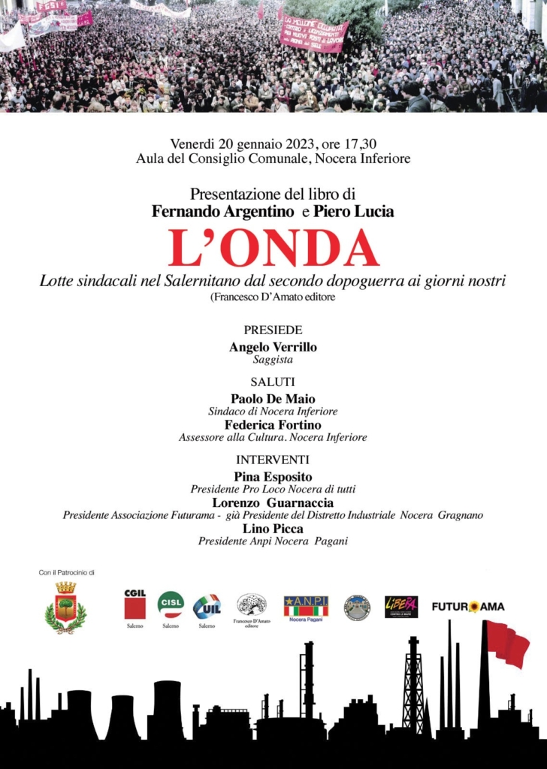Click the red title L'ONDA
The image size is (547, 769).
pos(273,249)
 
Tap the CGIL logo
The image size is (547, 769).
pos(135,605)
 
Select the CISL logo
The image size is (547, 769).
pos(171,604)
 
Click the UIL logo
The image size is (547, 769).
pos(206,606)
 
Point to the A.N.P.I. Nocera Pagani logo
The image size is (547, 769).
pos(306,608)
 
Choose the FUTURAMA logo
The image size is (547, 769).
pos(467,606)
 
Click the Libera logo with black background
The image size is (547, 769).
pos(401,606)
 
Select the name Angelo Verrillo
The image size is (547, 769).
pos(273,347)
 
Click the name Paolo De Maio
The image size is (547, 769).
pos(273,399)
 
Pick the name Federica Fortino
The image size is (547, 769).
pos(273,424)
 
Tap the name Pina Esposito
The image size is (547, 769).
pos(273,477)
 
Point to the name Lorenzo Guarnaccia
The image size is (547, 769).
pos(273,502)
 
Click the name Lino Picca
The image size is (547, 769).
pos(273,529)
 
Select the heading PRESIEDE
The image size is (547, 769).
pos(273,330)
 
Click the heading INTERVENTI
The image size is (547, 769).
pos(273,460)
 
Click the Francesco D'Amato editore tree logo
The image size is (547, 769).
pos(252,605)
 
